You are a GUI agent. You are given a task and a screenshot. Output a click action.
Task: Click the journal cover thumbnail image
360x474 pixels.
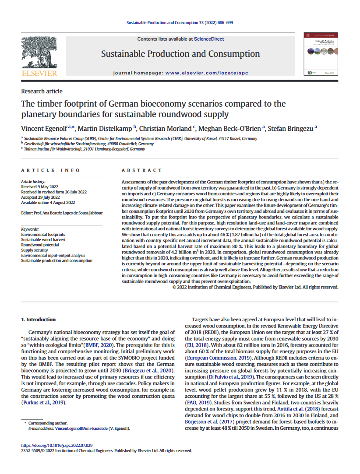coord(318,54)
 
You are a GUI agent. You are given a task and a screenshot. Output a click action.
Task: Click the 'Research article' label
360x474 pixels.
coord(42,91)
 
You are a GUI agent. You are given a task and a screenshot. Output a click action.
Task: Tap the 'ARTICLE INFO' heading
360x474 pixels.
coord(50,170)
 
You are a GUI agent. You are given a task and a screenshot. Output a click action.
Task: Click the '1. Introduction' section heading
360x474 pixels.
coord(39,320)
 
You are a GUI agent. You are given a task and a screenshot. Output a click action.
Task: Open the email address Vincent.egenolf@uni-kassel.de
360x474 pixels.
coord(74,428)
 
